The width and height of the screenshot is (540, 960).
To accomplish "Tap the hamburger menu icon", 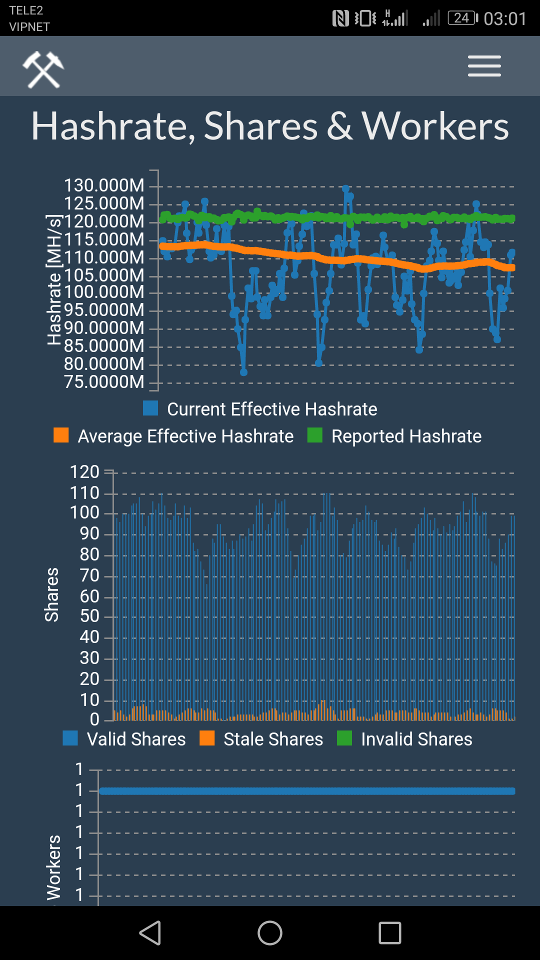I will [484, 66].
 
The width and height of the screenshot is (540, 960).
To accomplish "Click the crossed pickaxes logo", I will [43, 69].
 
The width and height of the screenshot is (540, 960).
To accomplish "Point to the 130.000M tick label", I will [104, 185].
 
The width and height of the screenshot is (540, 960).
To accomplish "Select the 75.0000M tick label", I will [104, 382].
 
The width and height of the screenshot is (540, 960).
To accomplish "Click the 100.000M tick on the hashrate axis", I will [104, 292].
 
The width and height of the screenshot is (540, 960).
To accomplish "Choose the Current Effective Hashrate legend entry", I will [260, 409].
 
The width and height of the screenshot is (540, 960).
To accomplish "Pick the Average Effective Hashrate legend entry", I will [174, 436].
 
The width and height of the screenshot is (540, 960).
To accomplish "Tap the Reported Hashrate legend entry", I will [394, 436].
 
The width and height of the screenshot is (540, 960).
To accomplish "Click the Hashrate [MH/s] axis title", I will [53, 280].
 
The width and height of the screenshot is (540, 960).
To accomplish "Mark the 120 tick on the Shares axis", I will [84, 472].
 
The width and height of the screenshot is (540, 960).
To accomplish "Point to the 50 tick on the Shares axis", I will [89, 616].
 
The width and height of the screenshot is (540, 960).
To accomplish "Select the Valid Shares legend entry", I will [124, 739].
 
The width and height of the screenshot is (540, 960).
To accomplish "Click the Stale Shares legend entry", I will [261, 739].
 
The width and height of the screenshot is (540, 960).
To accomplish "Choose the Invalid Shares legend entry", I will [405, 739].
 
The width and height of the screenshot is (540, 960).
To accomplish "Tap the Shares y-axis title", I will [51, 595].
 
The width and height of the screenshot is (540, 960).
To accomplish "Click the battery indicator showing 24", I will [462, 18].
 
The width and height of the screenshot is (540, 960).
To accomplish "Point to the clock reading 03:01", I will [505, 19].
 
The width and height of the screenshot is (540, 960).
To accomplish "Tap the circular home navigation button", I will [270, 933].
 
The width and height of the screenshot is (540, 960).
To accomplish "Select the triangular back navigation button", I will [150, 933].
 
